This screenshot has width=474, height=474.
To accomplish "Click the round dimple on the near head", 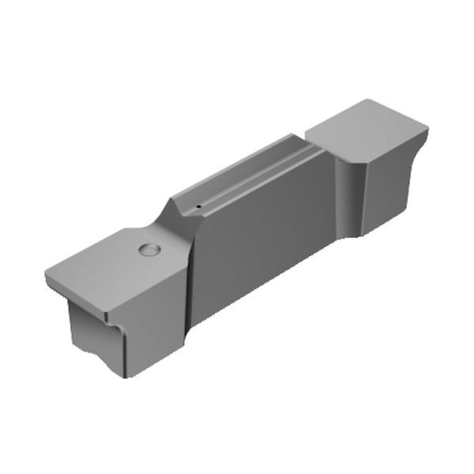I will (149, 250).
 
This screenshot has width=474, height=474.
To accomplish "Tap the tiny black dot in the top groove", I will (199, 209).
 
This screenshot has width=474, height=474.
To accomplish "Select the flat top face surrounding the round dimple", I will (111, 265).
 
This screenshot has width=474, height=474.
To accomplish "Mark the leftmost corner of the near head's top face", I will (46, 273).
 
